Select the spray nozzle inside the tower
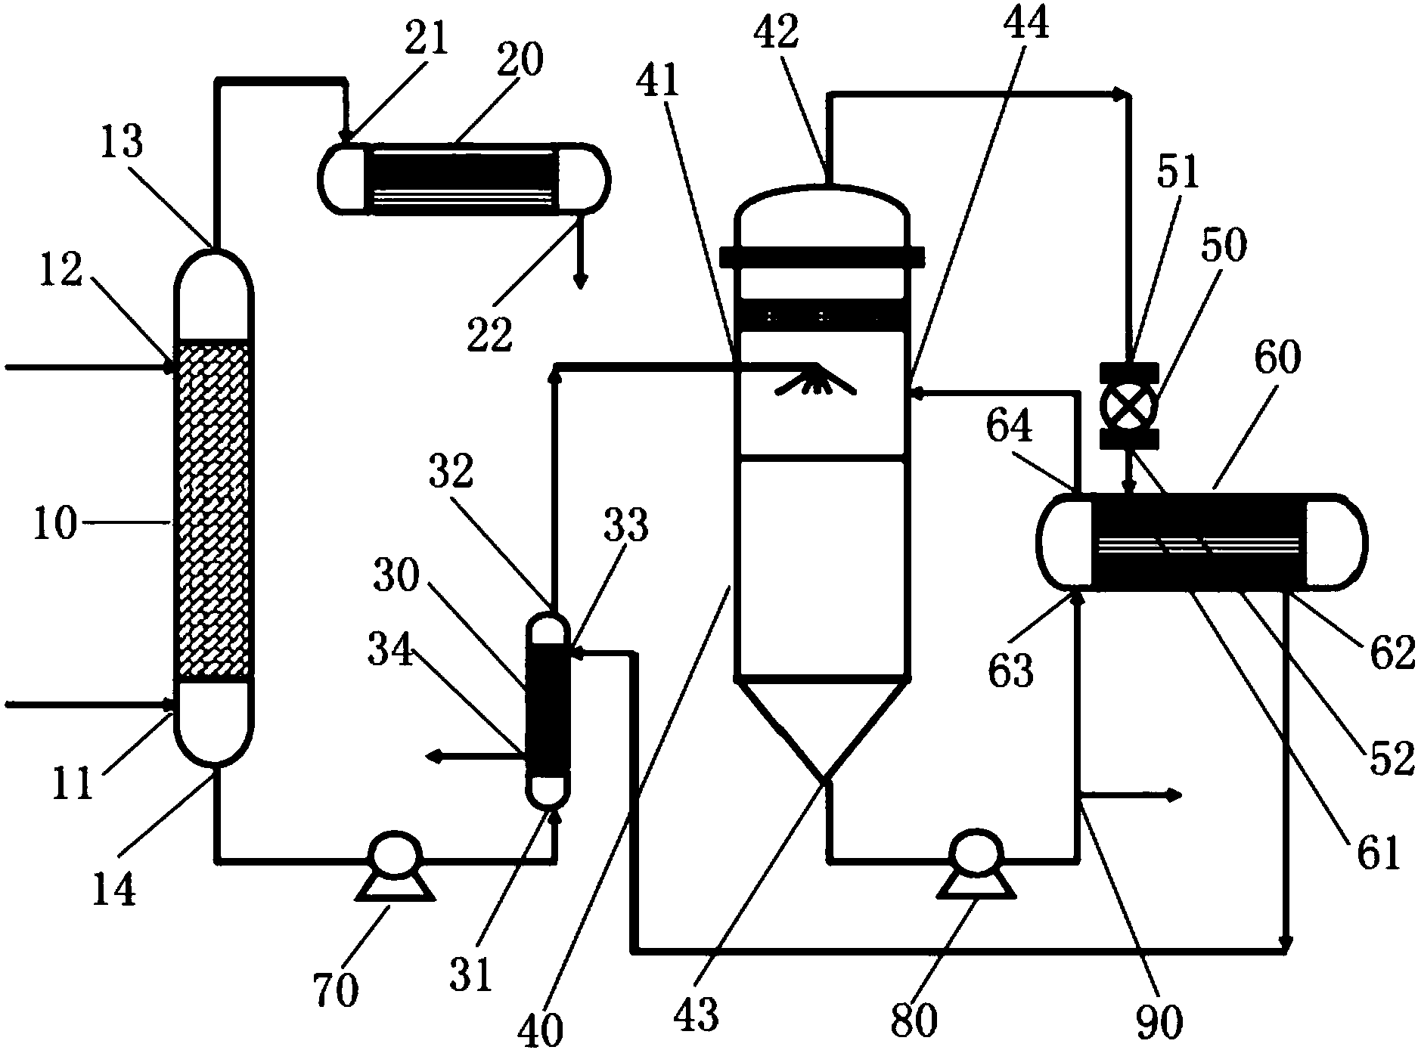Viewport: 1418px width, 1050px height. click(x=816, y=383)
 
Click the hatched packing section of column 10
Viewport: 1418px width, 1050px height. click(x=212, y=510)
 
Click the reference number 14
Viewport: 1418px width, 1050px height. click(x=114, y=889)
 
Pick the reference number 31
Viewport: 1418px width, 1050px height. click(x=474, y=973)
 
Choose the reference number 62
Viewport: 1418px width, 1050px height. click(x=1392, y=652)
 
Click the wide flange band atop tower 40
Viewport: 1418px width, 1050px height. click(x=821, y=258)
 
